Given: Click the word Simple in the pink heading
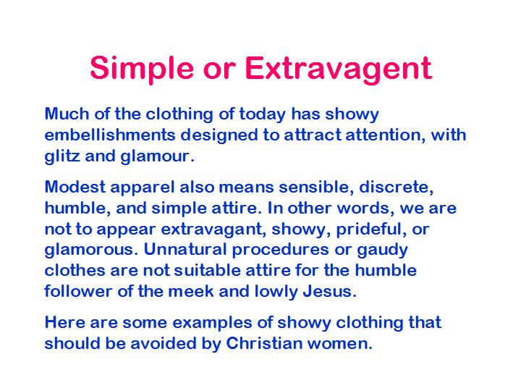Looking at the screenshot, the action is coord(142,69).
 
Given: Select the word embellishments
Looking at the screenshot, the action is coord(110,135).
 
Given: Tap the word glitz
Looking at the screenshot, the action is coord(62,156).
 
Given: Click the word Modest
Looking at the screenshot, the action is coord(75,187).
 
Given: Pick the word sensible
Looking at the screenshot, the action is coord(316,188).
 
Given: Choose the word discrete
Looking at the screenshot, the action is coord(397,188).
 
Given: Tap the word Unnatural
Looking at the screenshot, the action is coord(185,249).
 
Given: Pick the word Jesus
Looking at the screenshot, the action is coord(329,292).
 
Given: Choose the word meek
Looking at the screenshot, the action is coord(191,292).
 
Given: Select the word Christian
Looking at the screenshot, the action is coord(264,343).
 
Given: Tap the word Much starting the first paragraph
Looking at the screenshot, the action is coord(67,114).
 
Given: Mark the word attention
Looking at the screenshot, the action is coord(385,135).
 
